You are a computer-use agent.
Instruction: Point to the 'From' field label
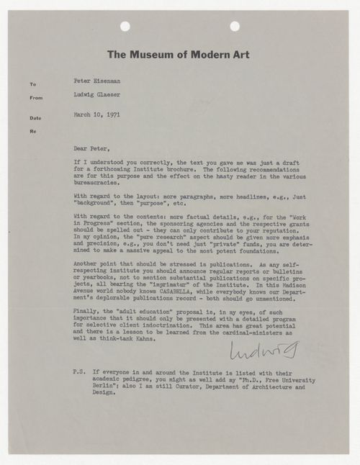pos(35,99)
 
